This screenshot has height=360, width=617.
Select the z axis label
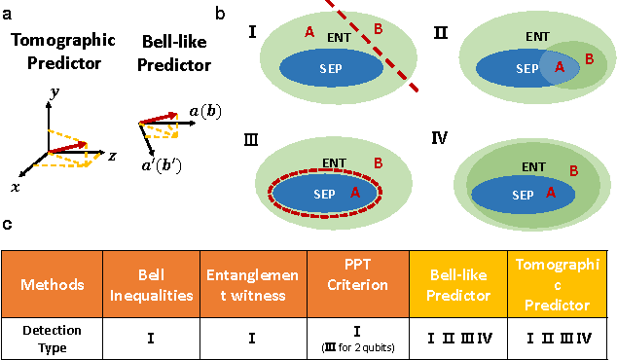pyautogui.click(x=114, y=156)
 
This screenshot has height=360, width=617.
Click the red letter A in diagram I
pyautogui.click(x=308, y=32)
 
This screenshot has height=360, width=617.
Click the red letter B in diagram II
pyautogui.click(x=589, y=59)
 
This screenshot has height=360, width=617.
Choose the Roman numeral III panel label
pyautogui.click(x=251, y=140)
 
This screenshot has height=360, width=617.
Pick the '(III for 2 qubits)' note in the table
pyautogui.click(x=358, y=347)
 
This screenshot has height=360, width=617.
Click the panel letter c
pyautogui.click(x=8, y=225)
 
